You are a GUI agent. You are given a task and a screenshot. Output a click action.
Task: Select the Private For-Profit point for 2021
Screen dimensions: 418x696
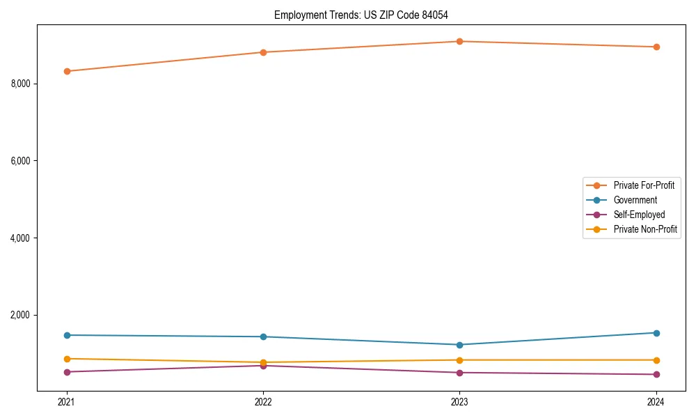(67, 71)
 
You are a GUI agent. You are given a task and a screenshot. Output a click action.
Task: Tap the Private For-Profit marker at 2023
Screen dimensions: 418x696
(459, 41)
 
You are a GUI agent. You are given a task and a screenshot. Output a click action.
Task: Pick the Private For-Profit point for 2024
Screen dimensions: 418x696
(656, 47)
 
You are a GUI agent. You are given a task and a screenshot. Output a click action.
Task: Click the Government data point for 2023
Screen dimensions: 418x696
(459, 345)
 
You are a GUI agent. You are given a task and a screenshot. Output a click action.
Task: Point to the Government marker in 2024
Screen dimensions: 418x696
(656, 333)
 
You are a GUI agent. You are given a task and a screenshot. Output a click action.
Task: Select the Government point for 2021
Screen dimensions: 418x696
(67, 335)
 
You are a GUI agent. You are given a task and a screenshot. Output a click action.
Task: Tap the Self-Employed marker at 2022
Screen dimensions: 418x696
(263, 366)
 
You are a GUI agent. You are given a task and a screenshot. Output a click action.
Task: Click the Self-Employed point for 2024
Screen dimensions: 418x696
(656, 375)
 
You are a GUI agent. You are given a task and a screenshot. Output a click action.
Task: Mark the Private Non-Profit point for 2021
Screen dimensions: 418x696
(67, 359)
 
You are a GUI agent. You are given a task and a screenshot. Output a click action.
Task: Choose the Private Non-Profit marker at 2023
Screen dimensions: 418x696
(459, 360)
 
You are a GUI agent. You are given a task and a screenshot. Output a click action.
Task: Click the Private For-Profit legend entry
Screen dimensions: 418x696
(643, 185)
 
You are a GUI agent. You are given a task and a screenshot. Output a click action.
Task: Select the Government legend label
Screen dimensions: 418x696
(635, 200)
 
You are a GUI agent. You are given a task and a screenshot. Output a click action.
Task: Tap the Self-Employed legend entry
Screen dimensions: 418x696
(639, 215)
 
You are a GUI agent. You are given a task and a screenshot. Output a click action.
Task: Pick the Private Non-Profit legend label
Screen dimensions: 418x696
(645, 229)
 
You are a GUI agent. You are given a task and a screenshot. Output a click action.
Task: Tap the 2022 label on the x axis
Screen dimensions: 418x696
(263, 402)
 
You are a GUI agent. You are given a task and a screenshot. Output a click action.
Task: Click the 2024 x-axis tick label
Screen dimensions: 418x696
(656, 402)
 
